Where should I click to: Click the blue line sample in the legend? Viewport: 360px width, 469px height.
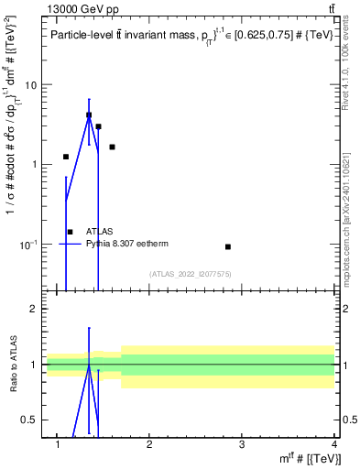pos(71,245)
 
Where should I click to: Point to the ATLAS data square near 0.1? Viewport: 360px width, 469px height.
pos(227,246)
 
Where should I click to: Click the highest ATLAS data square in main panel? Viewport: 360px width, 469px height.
pos(89,115)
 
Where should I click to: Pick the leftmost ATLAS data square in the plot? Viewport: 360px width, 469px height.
pos(66,157)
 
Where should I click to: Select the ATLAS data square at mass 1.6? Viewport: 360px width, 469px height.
pos(112,147)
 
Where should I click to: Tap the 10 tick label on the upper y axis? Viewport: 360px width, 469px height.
pos(29,85)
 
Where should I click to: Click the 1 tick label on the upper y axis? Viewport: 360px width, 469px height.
pos(33,165)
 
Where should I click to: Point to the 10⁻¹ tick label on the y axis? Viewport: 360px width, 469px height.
pos(27,244)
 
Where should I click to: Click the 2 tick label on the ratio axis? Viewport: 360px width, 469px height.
pos(33,310)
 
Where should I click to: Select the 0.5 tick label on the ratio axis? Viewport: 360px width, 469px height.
pos(29,420)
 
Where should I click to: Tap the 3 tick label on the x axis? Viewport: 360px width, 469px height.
pos(241,445)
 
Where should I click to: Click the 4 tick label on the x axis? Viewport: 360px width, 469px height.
pos(333,445)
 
